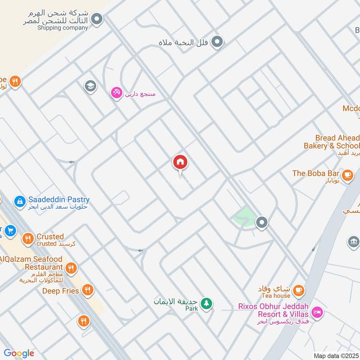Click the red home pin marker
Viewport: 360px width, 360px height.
point(180,162)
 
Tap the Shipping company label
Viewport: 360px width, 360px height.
point(63,28)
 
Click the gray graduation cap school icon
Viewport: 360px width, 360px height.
point(90,85)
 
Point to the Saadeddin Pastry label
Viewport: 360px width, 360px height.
point(58,199)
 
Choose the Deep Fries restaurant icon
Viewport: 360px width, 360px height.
point(88,291)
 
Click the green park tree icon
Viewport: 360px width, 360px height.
point(206,303)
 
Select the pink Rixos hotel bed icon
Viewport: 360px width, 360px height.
point(317,311)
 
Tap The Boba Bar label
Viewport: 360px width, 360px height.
point(315,173)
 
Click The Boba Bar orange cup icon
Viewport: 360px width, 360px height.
point(347,175)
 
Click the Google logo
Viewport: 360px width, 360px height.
point(19,353)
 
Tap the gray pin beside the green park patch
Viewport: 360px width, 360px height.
point(262,222)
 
